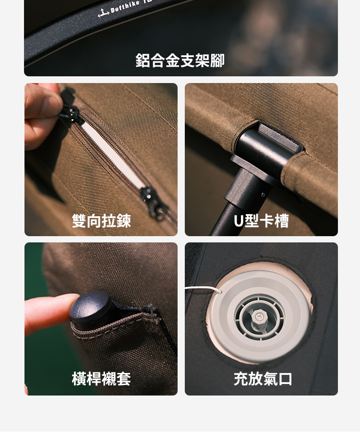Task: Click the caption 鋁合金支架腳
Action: pos(180,60)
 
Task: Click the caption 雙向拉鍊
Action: pos(101,221)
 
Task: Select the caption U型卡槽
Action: pos(261,221)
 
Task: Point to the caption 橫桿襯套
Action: pos(101,379)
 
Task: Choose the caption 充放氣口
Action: pos(263,379)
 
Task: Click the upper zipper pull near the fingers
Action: pos(71,113)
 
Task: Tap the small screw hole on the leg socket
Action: pos(263,195)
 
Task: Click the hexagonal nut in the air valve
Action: pos(259,316)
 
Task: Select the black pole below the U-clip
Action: pos(223,220)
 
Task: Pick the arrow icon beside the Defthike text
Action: pos(103,13)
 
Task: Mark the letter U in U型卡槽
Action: pos(239,221)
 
